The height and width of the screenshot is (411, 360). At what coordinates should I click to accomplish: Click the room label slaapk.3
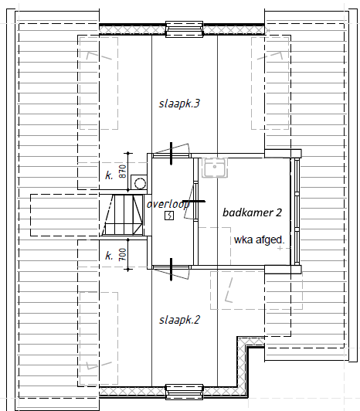179,103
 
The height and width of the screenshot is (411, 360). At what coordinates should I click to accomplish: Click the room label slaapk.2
179,320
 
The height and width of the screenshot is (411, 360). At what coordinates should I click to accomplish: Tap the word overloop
168,205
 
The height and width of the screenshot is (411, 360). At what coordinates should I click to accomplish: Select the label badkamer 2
252,212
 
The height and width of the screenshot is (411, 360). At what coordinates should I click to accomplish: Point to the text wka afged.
260,239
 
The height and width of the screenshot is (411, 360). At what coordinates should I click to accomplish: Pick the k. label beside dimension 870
109,175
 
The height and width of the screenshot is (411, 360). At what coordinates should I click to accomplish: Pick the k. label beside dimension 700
109,255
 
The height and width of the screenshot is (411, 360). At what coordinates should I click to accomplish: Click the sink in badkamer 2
213,168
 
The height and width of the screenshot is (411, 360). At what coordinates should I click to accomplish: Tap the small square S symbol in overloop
169,217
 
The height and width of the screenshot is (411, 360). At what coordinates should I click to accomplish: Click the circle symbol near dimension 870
139,183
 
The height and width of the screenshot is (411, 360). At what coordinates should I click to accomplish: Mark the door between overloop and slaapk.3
178,151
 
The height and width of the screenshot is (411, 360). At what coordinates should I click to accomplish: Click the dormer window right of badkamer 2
294,209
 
